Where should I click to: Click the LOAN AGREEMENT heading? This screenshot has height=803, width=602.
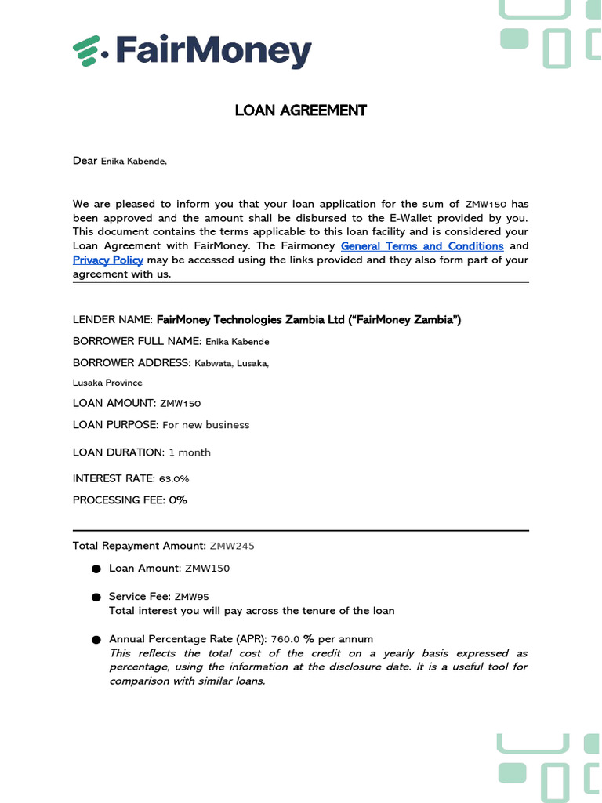pos(300,111)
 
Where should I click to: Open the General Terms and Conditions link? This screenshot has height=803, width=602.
pos(422,246)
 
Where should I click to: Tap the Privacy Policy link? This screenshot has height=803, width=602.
pos(108,260)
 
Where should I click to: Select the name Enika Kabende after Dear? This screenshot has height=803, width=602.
pos(133,162)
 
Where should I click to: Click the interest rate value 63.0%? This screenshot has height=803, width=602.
pos(174,479)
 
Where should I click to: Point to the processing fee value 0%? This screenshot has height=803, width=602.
pos(178,500)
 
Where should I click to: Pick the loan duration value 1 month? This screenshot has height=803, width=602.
pos(190,453)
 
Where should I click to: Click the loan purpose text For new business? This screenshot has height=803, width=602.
pos(205,425)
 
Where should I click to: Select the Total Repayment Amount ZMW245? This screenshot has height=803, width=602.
pos(232,546)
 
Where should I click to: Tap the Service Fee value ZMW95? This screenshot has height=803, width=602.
pos(191,597)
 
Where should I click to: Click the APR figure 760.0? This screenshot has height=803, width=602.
pos(285,639)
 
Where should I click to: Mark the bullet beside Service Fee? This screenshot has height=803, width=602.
pos(96,598)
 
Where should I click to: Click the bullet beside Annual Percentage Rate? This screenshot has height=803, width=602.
pos(96,640)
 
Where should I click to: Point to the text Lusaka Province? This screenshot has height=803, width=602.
pos(107,383)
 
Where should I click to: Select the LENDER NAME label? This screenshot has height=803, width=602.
pos(113,320)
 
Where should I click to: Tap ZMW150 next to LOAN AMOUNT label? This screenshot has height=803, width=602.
pos(180,404)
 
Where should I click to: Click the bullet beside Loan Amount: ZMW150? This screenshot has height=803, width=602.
pos(96,569)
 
